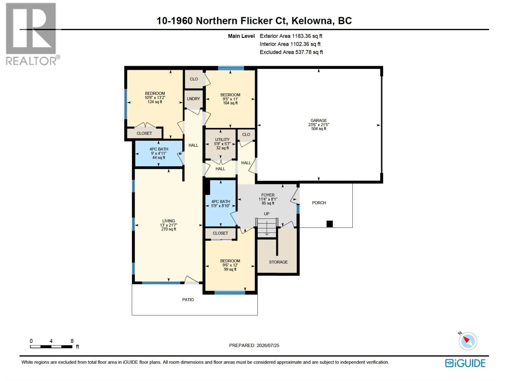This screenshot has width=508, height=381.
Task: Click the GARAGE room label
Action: point(318,121)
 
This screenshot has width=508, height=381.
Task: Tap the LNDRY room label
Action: point(193,99)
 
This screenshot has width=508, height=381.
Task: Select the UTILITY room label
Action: point(222,139)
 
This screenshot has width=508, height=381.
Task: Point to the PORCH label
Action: point(319,203)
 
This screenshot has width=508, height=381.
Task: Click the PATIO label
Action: point(188,300)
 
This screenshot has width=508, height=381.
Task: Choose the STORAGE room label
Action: point(278,262)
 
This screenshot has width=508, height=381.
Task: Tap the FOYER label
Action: point(268,195)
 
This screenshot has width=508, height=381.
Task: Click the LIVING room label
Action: point(169,221)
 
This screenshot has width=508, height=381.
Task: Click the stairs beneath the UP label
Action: point(267,228)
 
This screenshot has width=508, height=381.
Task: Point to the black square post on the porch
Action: point(329,224)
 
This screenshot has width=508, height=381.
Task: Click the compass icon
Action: point(467,341)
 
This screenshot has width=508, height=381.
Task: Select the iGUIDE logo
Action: point(465,363)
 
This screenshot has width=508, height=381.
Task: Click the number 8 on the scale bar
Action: point(72,341)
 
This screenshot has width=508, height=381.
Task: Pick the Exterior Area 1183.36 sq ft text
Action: point(291,36)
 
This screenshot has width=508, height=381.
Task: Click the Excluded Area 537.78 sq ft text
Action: point(291,52)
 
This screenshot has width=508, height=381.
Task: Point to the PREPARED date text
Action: point(254,345)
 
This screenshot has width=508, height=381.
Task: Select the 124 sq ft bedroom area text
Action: point(155,102)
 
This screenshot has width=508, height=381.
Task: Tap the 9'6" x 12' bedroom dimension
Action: point(230,265)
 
